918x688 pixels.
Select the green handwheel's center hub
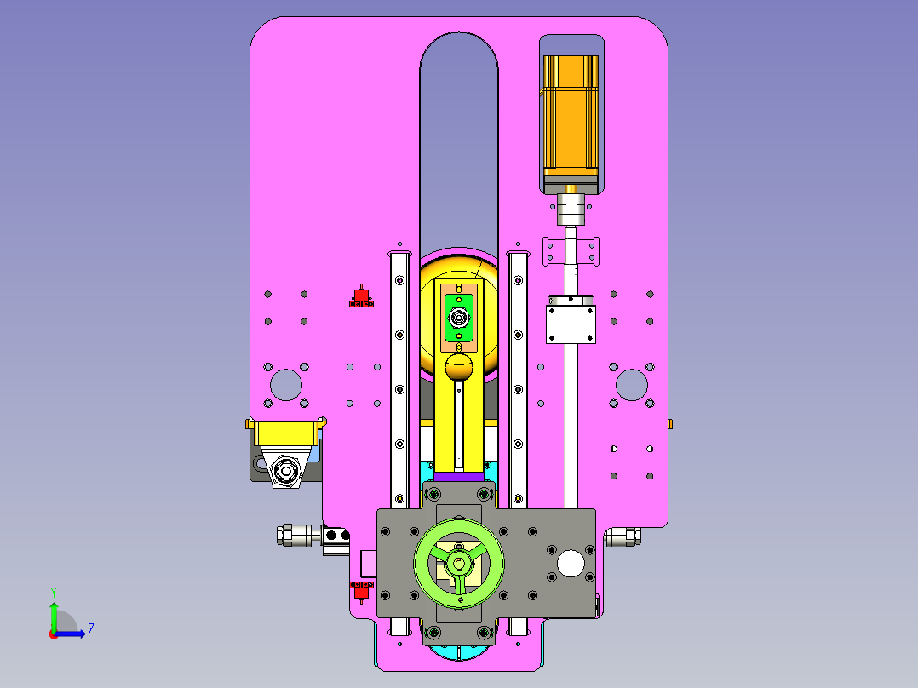pyautogui.click(x=458, y=564)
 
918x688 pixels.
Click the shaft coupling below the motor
pyautogui.click(x=571, y=209)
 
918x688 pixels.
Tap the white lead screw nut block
pyautogui.click(x=571, y=324)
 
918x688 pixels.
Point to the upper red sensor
pyautogui.click(x=361, y=297)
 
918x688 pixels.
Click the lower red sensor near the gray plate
pyautogui.click(x=361, y=592)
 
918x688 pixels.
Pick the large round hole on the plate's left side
pyautogui.click(x=286, y=385)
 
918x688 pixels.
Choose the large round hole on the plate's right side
pyautogui.click(x=632, y=385)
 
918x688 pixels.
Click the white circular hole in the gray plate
pyautogui.click(x=571, y=564)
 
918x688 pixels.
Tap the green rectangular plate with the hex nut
pyautogui.click(x=459, y=318)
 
